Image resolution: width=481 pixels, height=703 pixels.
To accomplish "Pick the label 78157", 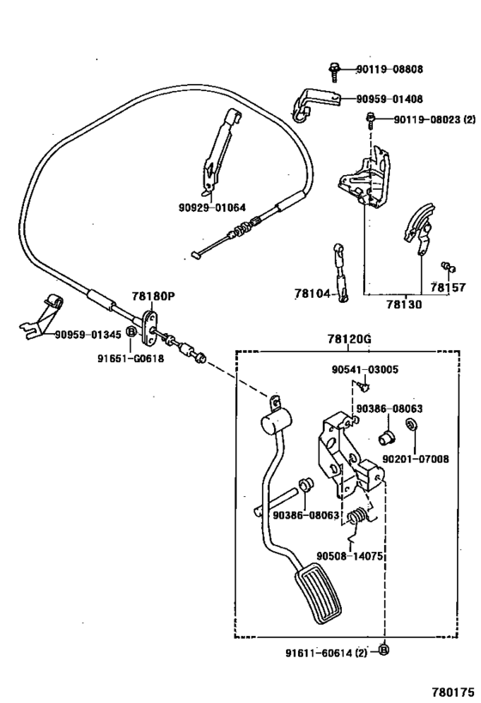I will point(448,288).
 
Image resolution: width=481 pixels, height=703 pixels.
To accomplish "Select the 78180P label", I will point(153,296).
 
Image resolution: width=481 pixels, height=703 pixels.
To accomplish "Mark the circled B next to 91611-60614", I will point(383,651).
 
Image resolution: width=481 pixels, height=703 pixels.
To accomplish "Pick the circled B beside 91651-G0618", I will point(131,330).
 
